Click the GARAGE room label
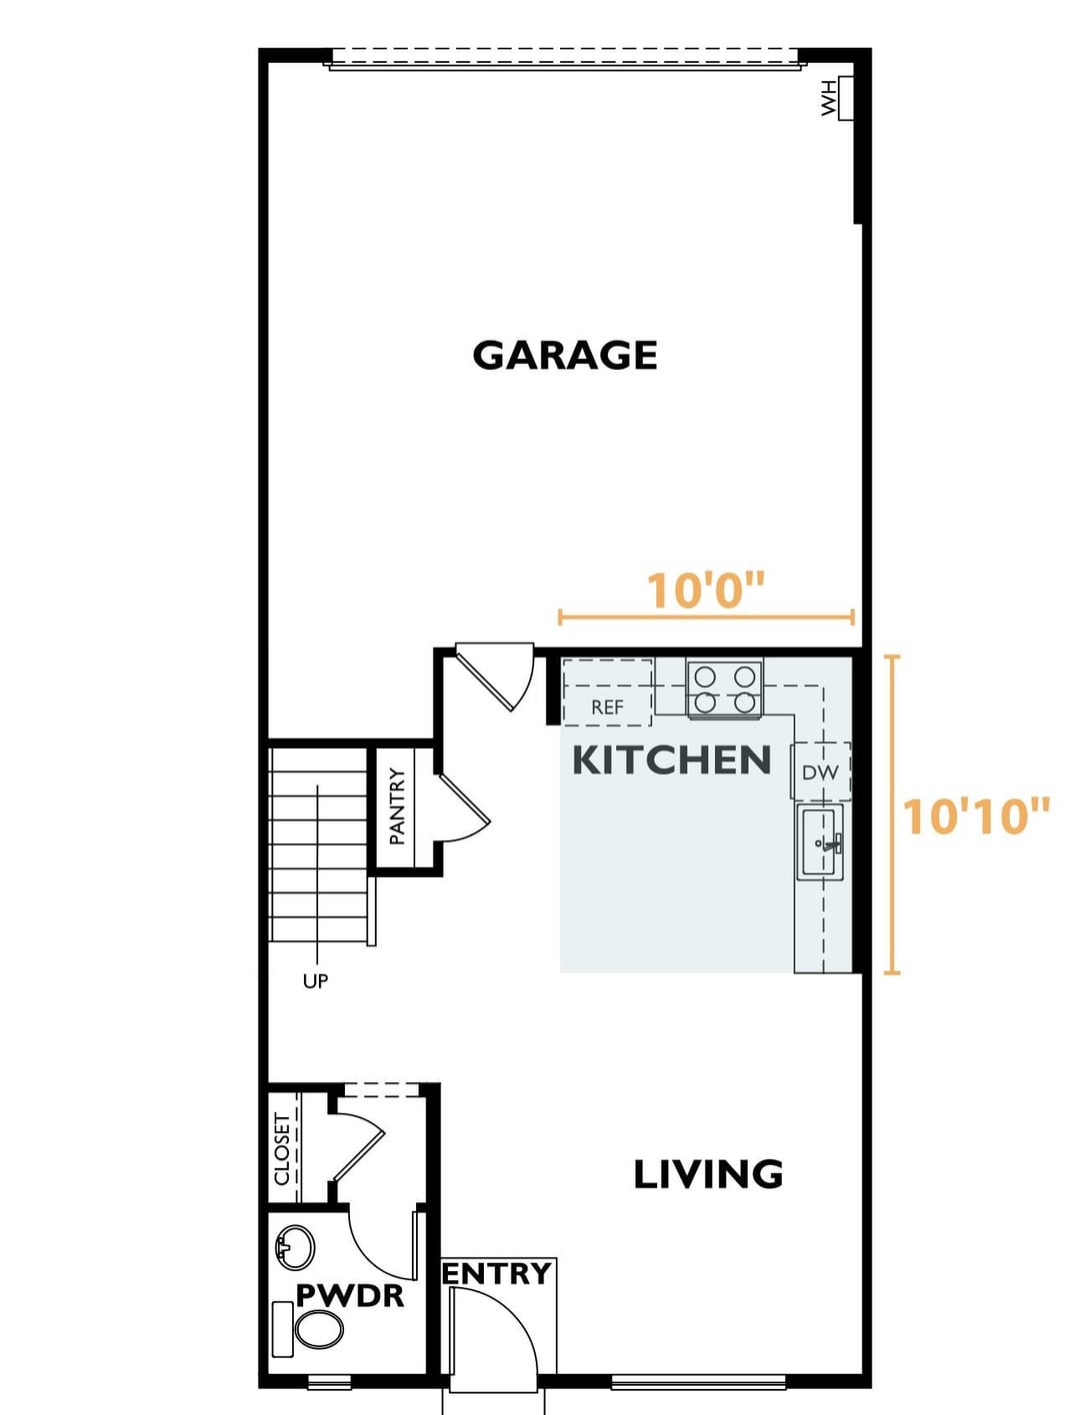[565, 355]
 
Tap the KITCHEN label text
[672, 759]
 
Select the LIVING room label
[708, 1174]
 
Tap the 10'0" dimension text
[706, 591]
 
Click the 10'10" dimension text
[975, 815]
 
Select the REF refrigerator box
[607, 693]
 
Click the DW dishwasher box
[821, 771]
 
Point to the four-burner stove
[725, 689]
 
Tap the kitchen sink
[820, 842]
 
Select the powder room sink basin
[294, 1247]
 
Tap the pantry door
[466, 807]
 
